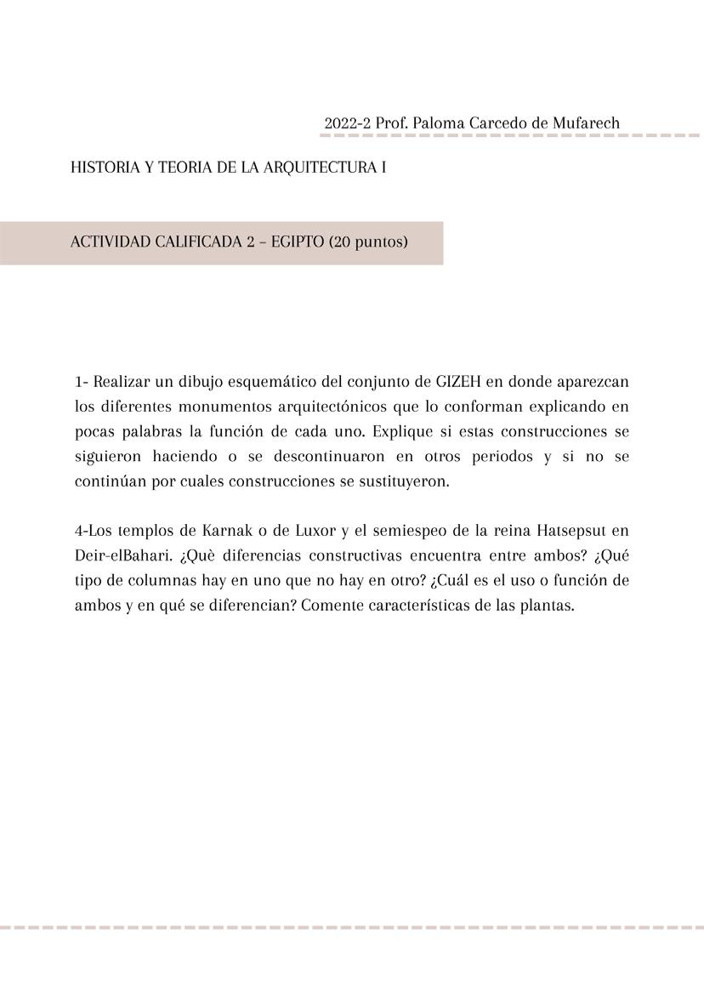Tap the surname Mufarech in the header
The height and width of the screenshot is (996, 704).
(586, 122)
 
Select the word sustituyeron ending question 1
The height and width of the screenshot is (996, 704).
(403, 481)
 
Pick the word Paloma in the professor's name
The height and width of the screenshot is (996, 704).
(437, 122)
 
